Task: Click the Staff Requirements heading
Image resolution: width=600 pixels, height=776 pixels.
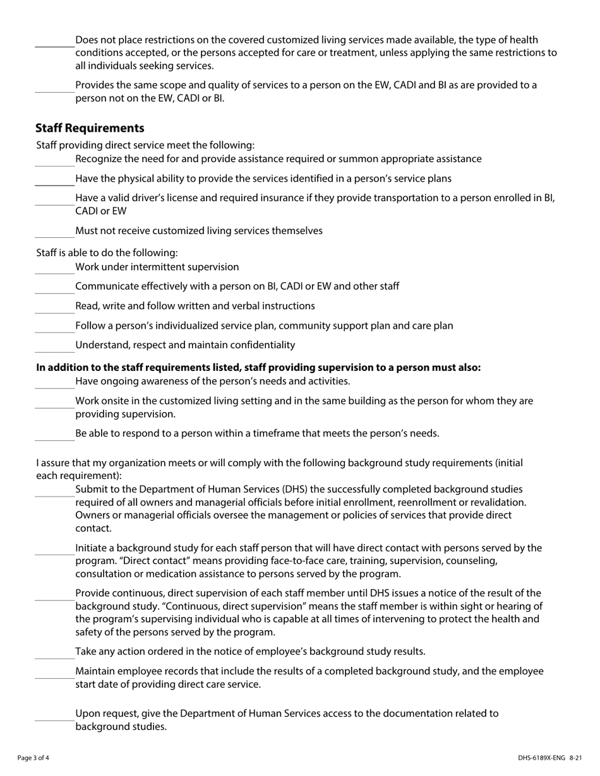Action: (90, 128)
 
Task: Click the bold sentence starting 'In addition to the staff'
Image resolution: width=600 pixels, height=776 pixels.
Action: (258, 367)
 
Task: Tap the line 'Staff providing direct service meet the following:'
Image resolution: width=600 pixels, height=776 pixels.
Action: (145, 145)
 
